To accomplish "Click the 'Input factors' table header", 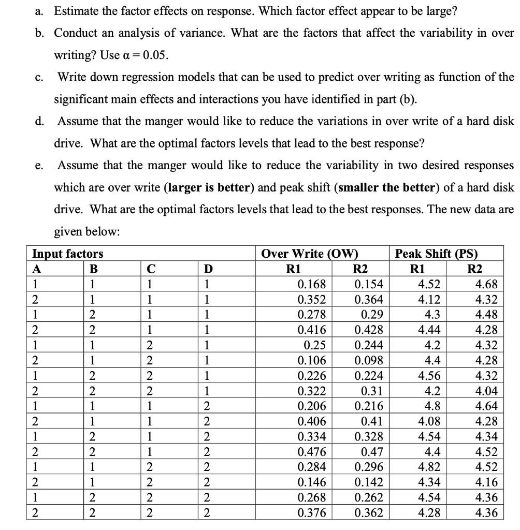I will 67,254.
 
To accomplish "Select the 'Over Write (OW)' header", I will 310,254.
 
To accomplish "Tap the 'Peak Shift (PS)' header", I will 436,254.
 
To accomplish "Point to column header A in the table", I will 36,269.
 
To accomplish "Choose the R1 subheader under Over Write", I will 293,269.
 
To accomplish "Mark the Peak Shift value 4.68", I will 487,284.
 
